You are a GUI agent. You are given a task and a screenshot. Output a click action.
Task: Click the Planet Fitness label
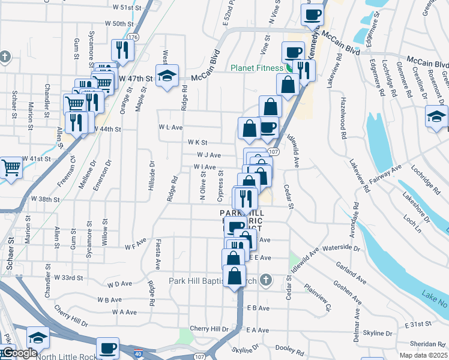pos(258,68)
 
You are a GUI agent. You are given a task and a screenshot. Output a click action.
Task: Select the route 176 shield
pos(133,37)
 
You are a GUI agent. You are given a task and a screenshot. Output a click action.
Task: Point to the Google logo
pos(19,353)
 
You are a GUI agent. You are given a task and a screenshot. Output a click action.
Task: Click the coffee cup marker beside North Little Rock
pos(108,347)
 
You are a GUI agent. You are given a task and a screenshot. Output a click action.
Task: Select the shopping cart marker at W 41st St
pos(10,167)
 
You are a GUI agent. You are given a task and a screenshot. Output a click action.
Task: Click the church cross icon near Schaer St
pos(5,58)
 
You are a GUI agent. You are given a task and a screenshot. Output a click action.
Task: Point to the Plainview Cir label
pos(319,294)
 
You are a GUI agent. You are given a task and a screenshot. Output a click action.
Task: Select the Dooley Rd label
pos(291,348)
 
